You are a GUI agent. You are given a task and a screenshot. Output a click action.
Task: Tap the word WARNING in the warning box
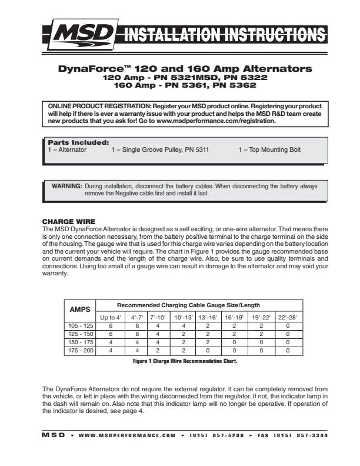(x=67, y=186)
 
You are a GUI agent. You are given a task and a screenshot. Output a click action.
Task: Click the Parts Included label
(x=78, y=142)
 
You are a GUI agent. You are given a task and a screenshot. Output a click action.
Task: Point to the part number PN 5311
(x=195, y=150)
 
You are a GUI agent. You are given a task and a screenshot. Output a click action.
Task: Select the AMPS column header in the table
(x=79, y=309)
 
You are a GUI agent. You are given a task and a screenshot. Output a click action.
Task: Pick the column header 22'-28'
(x=288, y=317)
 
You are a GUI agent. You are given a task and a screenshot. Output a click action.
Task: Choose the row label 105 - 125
(x=79, y=325)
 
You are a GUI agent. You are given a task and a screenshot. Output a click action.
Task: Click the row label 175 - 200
(x=79, y=351)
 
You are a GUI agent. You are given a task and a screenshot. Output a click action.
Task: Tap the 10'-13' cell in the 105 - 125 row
(x=183, y=325)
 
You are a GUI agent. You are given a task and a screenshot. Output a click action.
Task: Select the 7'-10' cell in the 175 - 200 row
(x=158, y=351)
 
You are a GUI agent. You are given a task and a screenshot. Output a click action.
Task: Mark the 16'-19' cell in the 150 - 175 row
(x=234, y=342)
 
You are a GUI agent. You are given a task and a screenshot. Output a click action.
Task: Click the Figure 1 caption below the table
(x=185, y=361)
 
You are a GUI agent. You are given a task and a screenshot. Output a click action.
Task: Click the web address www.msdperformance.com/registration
(x=216, y=121)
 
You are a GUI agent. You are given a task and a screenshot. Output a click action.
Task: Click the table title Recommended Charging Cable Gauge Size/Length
(x=188, y=305)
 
